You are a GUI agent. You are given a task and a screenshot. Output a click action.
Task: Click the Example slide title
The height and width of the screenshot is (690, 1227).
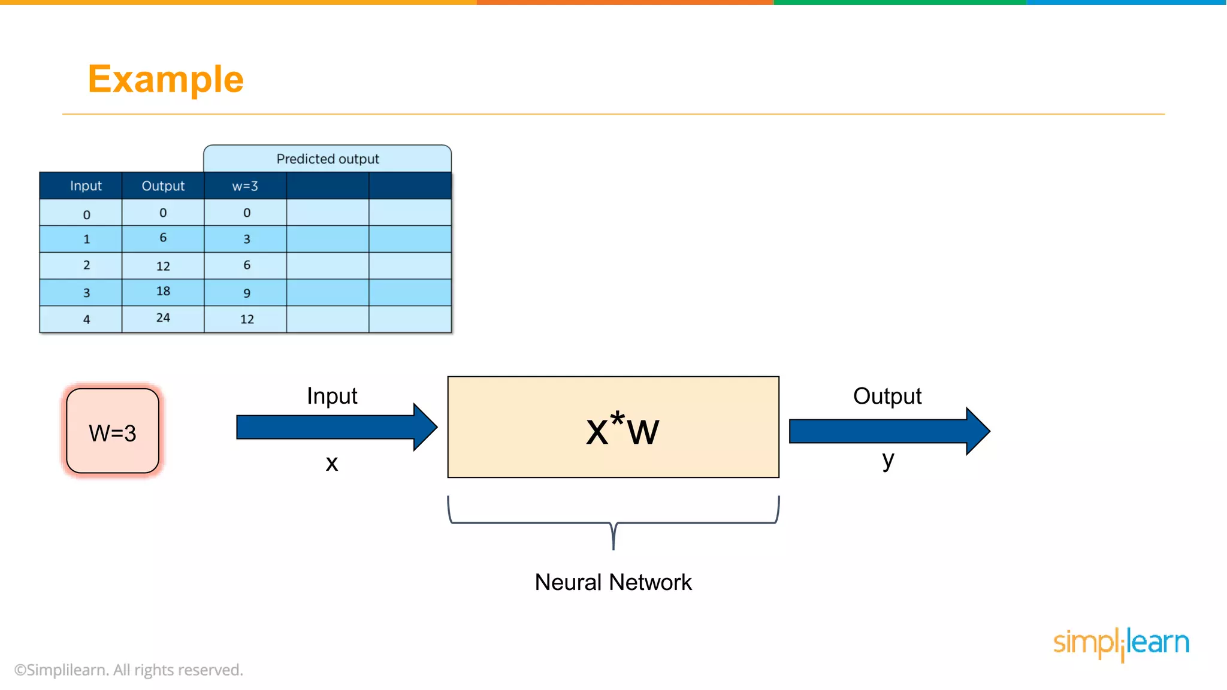[165, 79]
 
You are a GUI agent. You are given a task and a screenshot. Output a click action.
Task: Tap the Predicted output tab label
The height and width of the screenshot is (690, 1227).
[327, 159]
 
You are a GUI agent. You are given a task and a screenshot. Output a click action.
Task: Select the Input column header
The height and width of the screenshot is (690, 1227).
[86, 186]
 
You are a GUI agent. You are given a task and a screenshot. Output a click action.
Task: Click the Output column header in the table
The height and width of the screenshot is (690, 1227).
[163, 186]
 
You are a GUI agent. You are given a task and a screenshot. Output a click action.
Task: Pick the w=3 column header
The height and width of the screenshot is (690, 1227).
[245, 186]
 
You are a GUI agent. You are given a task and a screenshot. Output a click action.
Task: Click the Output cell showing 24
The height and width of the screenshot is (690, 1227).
[163, 318]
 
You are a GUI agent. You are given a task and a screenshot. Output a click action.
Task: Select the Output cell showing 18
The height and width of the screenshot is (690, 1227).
[163, 291]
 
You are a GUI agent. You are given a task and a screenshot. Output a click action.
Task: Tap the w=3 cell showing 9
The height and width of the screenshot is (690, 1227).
[246, 293]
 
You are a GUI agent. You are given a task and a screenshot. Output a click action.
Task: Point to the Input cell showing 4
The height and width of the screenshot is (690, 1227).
[86, 319]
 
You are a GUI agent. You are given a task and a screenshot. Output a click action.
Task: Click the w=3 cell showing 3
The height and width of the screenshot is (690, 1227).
[246, 239]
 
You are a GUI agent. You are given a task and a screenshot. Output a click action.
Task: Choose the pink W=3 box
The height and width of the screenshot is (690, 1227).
[113, 431]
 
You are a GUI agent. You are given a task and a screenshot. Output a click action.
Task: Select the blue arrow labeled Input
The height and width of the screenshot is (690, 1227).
[336, 427]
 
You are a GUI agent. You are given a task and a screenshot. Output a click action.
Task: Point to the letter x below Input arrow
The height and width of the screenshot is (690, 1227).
[331, 463]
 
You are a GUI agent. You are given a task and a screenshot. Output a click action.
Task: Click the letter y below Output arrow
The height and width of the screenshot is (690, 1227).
[887, 460]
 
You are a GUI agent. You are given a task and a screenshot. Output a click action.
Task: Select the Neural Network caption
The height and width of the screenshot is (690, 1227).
[613, 582]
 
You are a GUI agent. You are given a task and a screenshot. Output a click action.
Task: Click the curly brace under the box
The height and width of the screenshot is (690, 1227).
[613, 522]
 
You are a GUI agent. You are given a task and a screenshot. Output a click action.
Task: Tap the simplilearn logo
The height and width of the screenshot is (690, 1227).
[1121, 643]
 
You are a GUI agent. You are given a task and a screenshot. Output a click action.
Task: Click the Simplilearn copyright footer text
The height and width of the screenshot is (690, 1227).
[129, 670]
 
